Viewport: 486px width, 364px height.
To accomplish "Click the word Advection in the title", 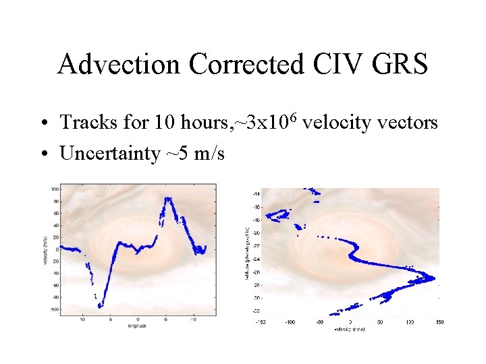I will [x=119, y=65].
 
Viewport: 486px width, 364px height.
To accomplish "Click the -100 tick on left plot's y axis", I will [x=53, y=309].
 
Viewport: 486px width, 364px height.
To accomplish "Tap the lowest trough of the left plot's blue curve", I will [x=100, y=306].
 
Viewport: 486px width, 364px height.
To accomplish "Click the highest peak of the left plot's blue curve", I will [x=167, y=198].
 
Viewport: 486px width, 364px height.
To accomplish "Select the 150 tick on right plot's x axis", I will [x=438, y=322].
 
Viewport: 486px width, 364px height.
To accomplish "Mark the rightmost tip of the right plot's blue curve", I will [x=435, y=277].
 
